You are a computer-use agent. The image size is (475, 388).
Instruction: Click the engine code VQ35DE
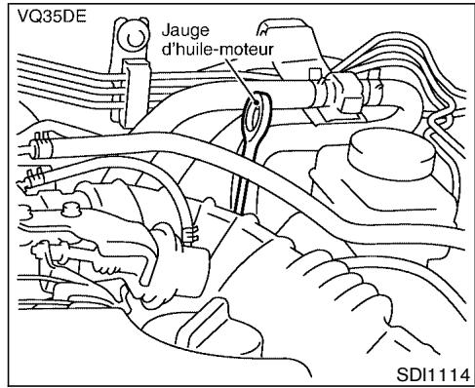(44, 16)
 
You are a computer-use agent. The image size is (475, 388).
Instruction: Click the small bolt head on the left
(69, 208)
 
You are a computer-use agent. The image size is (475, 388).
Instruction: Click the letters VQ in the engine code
(22, 16)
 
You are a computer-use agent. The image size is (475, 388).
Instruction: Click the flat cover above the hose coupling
(293, 44)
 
